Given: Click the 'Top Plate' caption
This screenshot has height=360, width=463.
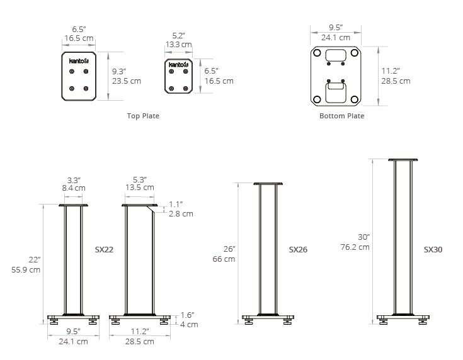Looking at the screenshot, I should point(143,116).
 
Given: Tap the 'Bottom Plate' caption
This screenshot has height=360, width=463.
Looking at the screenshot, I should point(341,116).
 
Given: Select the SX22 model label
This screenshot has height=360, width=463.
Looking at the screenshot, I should point(104,249).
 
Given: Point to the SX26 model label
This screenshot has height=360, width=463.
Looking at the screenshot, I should point(298,249).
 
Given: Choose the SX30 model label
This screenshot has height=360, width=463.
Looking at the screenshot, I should point(433,249).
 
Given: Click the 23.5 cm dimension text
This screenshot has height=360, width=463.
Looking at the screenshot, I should point(127,81).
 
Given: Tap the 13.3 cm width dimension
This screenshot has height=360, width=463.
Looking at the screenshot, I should point(178,45).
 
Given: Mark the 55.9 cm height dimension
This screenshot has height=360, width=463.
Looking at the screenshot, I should point(26,269).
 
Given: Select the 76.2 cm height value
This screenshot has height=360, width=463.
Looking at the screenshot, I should point(356,247).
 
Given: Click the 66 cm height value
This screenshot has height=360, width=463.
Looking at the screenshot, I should point(224,259).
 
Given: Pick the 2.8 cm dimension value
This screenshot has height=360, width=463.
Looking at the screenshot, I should point(181,214).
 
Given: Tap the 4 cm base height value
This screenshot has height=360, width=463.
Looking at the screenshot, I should point(189,325).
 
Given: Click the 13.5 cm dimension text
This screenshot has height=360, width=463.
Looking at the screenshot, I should point(139,188).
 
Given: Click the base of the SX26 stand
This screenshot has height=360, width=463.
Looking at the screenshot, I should point(268,317).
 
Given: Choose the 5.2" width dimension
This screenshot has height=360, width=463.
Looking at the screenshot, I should point(179,36).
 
